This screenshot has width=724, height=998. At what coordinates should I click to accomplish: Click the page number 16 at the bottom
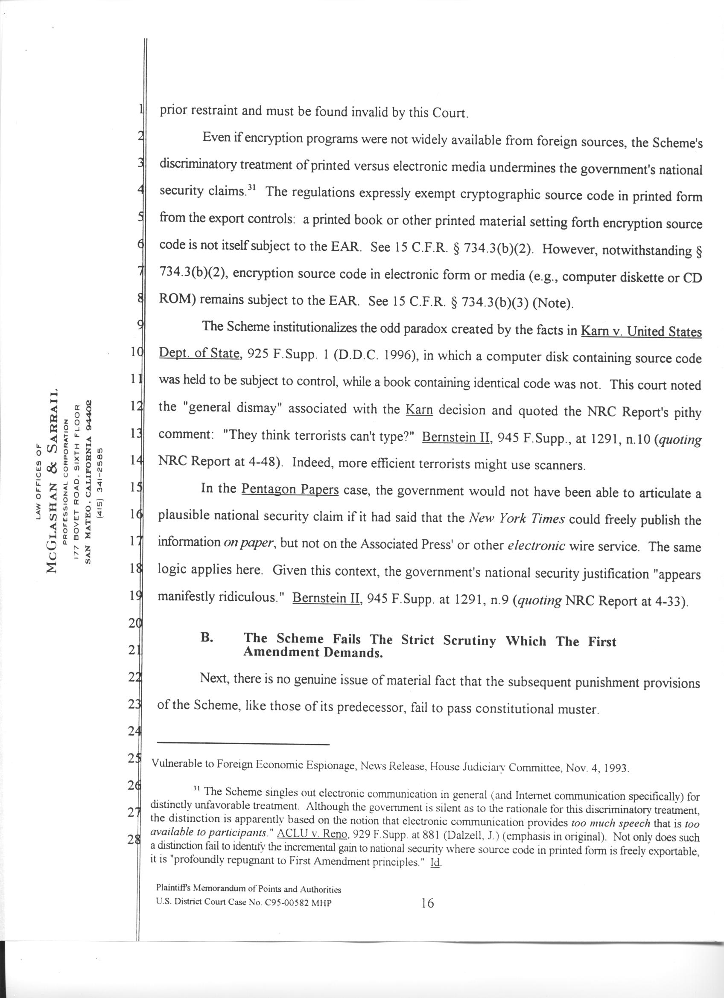(427, 903)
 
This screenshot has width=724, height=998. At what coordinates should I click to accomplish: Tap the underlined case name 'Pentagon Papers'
(290, 489)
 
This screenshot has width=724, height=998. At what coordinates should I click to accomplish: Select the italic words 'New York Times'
(517, 519)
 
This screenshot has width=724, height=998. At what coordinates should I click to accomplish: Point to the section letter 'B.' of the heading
(207, 637)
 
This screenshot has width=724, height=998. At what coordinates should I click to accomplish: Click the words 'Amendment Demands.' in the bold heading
(313, 652)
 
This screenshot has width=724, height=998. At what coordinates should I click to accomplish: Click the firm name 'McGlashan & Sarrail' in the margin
(52, 481)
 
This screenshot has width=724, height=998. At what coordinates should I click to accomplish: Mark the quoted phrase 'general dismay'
(236, 408)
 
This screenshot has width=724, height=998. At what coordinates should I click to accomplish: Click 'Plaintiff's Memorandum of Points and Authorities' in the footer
(249, 889)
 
